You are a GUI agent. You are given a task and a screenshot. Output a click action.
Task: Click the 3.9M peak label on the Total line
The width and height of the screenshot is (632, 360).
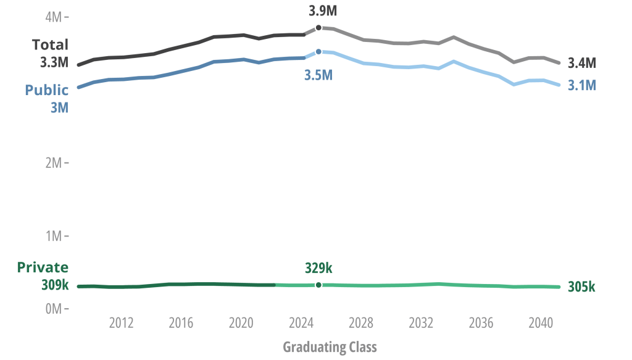323,11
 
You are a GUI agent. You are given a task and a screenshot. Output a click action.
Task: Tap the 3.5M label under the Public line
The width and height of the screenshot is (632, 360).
318,75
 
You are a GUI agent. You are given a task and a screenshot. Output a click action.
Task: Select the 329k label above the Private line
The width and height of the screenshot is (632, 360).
318,267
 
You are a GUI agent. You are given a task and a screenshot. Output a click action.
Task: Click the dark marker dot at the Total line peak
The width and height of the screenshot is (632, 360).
318,28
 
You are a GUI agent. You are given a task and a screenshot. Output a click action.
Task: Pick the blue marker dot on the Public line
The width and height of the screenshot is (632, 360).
318,52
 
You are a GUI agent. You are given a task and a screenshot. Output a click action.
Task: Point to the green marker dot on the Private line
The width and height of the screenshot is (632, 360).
318,285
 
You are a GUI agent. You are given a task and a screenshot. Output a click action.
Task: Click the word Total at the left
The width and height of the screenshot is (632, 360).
50,44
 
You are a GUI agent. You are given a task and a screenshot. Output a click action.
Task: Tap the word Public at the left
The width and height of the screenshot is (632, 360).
46,90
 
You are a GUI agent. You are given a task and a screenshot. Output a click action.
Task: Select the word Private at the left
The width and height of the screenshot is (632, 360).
43,267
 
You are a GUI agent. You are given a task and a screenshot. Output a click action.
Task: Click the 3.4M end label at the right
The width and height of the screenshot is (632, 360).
581,63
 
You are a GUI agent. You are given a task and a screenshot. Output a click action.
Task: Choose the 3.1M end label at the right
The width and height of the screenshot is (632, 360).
581,86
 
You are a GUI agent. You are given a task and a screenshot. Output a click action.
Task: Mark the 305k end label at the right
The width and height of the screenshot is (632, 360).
581,287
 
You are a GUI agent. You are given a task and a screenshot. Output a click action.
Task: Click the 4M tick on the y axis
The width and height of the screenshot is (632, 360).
54,17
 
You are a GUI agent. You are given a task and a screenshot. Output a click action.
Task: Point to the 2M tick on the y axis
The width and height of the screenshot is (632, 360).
54,163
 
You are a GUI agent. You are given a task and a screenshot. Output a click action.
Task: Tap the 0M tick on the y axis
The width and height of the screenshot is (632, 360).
54,308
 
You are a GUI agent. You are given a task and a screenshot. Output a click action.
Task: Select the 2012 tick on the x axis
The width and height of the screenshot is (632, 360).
121,323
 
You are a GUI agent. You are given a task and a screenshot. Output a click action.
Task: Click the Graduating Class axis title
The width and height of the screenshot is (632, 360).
330,346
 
